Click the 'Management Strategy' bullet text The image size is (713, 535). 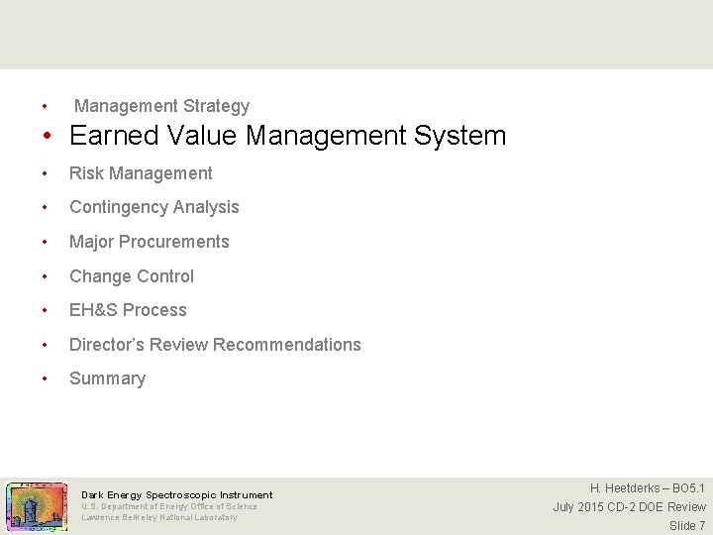point(161,106)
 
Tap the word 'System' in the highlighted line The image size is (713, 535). point(460,136)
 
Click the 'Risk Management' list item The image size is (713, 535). point(141,173)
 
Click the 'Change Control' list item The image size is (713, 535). point(132,276)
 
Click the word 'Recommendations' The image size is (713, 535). point(287,345)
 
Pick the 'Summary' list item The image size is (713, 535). point(107,378)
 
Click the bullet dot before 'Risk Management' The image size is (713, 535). point(44,174)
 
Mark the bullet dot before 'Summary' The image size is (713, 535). point(44,379)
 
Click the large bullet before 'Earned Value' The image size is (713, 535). point(47,137)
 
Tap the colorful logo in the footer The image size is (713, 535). point(37,506)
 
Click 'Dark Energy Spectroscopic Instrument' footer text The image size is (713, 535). point(176,494)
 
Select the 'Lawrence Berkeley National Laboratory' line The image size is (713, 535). point(159,517)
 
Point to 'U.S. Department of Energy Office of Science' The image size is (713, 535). point(169,506)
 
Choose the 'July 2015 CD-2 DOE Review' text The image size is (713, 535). point(629,507)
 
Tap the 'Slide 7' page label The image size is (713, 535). point(687,525)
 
